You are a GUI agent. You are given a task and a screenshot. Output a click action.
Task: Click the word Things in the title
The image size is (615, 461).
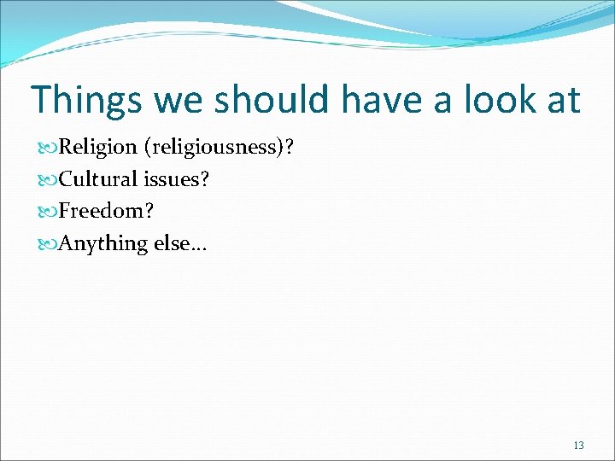[x=85, y=100]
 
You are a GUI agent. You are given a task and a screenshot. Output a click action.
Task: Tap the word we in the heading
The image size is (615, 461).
[x=180, y=100]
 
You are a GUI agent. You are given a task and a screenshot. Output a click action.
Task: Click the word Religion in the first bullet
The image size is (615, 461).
[x=97, y=147]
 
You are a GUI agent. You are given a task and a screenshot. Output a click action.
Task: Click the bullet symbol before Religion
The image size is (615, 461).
[x=47, y=147]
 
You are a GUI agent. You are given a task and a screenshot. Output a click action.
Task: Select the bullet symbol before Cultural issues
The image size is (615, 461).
[x=47, y=178]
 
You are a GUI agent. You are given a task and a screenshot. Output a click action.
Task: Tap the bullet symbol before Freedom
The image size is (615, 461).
[x=47, y=211]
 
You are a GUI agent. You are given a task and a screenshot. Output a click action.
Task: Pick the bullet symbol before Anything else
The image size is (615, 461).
[x=47, y=243]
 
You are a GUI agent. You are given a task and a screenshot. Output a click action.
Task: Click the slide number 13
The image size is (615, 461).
[x=578, y=446]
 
